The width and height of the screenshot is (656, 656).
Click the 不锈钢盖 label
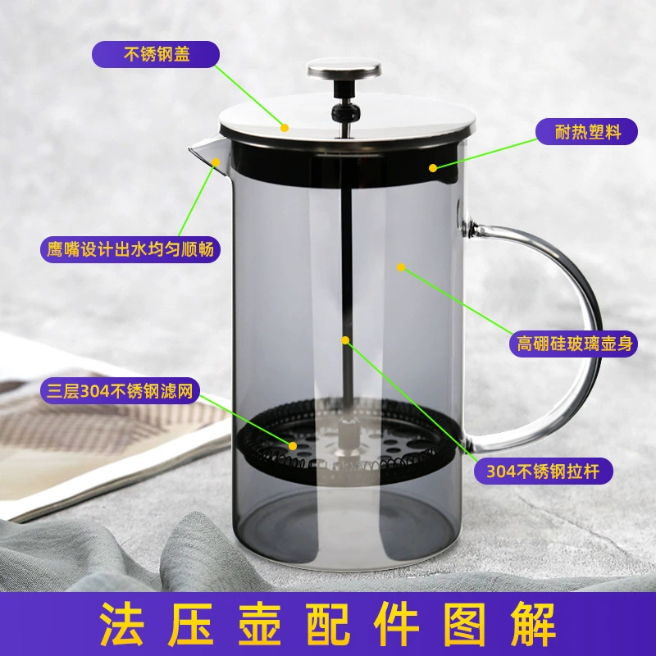[x=156, y=54]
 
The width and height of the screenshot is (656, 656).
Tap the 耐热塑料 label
[x=586, y=132]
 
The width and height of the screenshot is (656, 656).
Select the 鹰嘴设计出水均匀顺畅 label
[x=130, y=250]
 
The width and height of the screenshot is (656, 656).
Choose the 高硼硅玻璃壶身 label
[x=573, y=344]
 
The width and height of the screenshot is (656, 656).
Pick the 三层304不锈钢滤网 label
[x=120, y=392]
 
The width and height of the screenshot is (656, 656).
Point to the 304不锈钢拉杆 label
[x=543, y=471]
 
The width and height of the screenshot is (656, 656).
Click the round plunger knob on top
[x=344, y=69]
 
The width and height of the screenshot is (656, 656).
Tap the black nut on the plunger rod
[x=345, y=112]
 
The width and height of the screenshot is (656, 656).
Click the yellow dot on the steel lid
[x=285, y=128]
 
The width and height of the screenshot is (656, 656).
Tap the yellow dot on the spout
[x=216, y=162]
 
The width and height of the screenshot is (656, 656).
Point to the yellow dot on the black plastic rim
[x=433, y=168]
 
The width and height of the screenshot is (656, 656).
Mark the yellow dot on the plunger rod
[x=345, y=340]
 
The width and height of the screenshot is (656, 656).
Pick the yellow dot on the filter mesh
[x=293, y=446]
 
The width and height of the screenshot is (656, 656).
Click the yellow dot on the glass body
[x=401, y=267]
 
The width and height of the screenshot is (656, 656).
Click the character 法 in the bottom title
[x=121, y=624]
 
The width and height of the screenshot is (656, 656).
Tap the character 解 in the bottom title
[x=533, y=624]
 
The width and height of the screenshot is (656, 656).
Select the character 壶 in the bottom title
[x=259, y=624]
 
